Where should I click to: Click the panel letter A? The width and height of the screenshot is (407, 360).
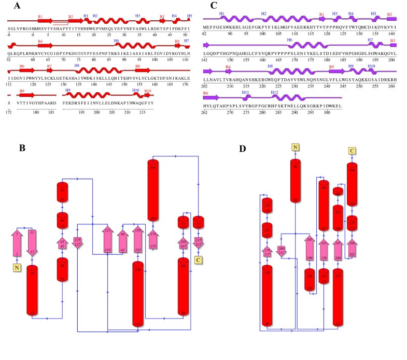(x=18, y=6)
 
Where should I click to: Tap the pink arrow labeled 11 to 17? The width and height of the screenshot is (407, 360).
(x=32, y=241)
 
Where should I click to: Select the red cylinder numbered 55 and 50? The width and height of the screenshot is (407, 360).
(x=62, y=193)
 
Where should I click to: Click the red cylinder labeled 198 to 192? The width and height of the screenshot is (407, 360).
(x=310, y=280)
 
